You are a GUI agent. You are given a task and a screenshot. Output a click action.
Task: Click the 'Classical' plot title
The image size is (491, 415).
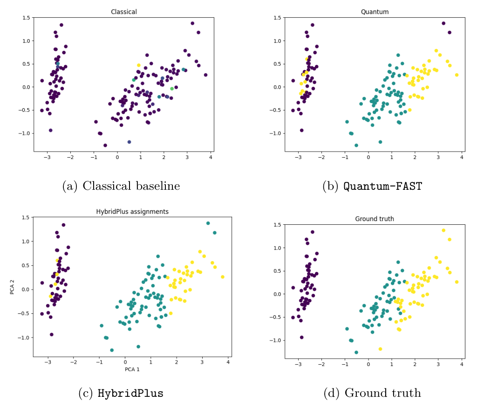click(124, 12)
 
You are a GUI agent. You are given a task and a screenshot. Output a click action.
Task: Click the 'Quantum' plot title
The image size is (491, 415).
click(375, 12)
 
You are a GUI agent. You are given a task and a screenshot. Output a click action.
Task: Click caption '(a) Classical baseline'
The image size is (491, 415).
click(121, 186)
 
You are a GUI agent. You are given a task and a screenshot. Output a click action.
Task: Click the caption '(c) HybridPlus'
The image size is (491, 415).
click(121, 393)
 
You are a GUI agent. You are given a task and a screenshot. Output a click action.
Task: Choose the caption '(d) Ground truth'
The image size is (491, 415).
click(372, 393)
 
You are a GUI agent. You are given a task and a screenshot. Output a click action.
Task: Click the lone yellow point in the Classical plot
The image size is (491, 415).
click(138, 65)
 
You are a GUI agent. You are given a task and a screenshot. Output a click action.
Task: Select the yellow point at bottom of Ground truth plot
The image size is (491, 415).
click(380, 349)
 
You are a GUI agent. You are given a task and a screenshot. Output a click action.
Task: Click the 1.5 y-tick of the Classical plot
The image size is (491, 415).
click(26, 18)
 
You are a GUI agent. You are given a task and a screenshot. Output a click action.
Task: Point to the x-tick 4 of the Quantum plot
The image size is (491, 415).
click(462, 157)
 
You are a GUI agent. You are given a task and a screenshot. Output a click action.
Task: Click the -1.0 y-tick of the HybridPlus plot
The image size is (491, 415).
click(26, 338)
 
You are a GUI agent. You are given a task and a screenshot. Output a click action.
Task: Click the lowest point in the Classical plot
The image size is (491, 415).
click(105, 145)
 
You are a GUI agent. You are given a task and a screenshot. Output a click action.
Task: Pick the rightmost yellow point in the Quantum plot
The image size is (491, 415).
click(457, 75)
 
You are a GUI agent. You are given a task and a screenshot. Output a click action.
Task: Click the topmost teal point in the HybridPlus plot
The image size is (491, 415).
click(208, 223)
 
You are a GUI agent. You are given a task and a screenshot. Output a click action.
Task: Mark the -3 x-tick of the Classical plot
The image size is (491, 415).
click(47, 157)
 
